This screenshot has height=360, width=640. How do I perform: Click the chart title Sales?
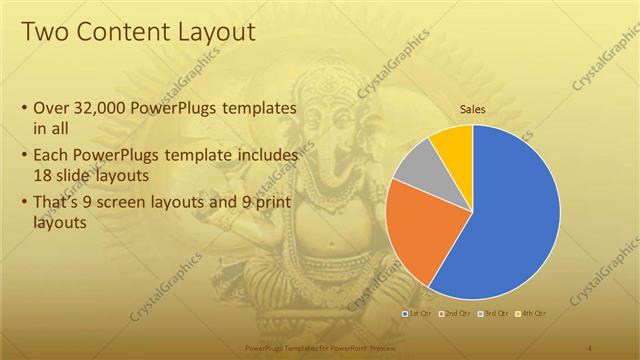[472, 110]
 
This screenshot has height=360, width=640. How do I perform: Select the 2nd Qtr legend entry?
[454, 314]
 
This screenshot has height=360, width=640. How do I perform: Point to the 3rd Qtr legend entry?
[492, 314]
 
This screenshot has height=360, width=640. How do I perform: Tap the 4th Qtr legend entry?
[530, 314]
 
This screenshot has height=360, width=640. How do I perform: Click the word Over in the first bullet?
[50, 107]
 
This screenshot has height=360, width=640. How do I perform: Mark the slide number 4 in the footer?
[591, 346]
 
